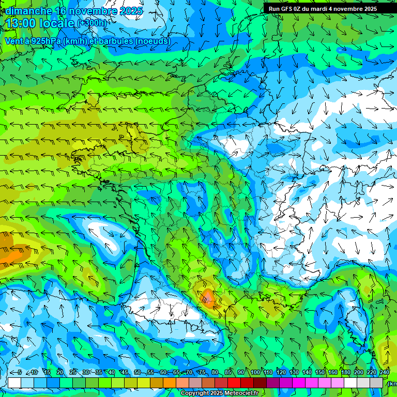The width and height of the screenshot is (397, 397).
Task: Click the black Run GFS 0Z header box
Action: (329, 8)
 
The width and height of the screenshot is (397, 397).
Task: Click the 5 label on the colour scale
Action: (20, 373)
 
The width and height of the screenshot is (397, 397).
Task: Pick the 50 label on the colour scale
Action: (138, 373)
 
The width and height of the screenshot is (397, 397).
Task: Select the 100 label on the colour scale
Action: (255, 373)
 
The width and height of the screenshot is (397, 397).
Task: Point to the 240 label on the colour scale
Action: (385, 373)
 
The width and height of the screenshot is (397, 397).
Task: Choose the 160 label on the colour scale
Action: (333, 373)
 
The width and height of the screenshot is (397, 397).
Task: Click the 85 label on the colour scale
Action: (228, 373)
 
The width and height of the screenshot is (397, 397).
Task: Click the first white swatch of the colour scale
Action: (14, 383)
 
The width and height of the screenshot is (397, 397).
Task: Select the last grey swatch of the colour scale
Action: (377, 383)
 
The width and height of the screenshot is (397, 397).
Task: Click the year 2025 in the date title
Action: (131, 11)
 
